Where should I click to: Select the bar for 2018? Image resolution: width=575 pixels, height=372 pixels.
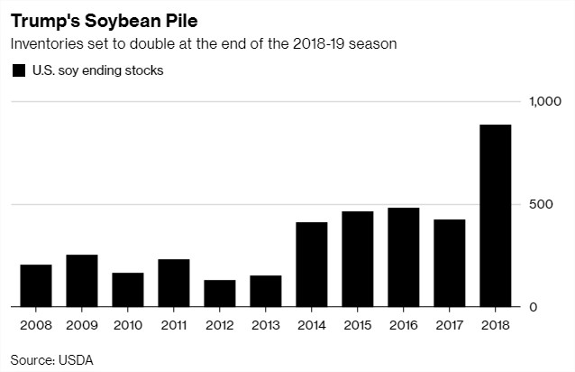point(496,217)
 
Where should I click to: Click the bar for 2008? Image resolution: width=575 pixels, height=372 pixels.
point(36,285)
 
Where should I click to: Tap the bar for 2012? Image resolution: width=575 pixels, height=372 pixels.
point(220,293)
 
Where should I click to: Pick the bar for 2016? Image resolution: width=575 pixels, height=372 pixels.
point(404,257)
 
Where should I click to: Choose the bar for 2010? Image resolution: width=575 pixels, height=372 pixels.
point(128,290)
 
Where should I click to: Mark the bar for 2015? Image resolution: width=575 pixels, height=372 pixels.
point(358,259)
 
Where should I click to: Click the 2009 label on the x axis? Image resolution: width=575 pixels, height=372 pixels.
point(82,322)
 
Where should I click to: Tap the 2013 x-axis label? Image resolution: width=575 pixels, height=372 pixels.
point(266,322)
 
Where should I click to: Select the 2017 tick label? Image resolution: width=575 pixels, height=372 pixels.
point(450,322)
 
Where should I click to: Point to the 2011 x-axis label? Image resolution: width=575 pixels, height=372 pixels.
point(174,322)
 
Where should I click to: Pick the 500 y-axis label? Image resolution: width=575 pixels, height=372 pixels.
point(540,205)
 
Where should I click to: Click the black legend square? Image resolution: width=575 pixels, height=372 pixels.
point(18,70)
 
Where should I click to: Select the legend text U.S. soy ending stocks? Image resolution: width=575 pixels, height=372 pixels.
point(96,70)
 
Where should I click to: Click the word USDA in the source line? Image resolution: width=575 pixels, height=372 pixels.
point(78,358)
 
